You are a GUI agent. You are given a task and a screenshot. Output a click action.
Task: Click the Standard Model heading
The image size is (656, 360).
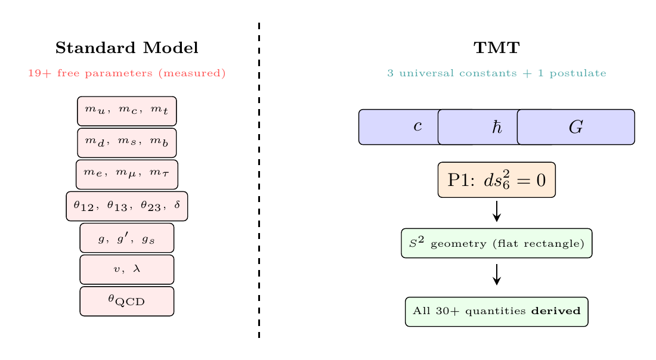pos(126,48)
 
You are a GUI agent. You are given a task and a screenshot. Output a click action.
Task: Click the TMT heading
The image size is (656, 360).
pos(497,48)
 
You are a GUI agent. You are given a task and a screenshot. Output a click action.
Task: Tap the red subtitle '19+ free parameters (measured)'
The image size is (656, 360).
pos(126,74)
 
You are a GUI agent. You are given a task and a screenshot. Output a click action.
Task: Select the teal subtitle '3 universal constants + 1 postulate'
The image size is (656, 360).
pos(497,74)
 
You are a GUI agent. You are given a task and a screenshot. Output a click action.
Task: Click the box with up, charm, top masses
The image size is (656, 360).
pos(126,111)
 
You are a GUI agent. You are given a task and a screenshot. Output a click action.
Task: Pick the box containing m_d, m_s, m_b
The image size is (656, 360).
pos(126,142)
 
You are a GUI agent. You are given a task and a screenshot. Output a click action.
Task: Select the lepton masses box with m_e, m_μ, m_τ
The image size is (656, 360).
pos(126,174)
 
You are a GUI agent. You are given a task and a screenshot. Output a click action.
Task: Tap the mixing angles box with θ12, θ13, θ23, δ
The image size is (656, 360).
pos(126,206)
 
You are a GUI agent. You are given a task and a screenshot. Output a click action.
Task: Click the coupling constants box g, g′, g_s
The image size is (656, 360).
pos(126,238)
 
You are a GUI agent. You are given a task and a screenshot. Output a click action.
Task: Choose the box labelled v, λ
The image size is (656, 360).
pos(126,269)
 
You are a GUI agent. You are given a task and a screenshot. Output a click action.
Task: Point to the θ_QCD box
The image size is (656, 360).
pos(126,301)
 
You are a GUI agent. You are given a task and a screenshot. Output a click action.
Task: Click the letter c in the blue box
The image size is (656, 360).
pos(418,127)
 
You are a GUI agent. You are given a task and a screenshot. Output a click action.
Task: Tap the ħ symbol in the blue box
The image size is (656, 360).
pos(497,127)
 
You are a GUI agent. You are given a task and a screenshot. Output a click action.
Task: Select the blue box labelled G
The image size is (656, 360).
pos(576,127)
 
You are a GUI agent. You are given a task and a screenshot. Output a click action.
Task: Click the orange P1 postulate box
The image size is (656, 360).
pos(497,179)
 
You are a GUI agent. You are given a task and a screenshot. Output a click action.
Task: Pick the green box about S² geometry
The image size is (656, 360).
pos(497,243)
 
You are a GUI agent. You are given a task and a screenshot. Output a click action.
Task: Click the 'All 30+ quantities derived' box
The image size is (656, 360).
pos(497,312)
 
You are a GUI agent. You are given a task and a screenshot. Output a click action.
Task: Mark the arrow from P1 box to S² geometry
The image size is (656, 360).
pos(497,212)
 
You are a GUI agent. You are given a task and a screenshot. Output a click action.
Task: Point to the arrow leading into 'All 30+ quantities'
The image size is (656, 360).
pos(497,275)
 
